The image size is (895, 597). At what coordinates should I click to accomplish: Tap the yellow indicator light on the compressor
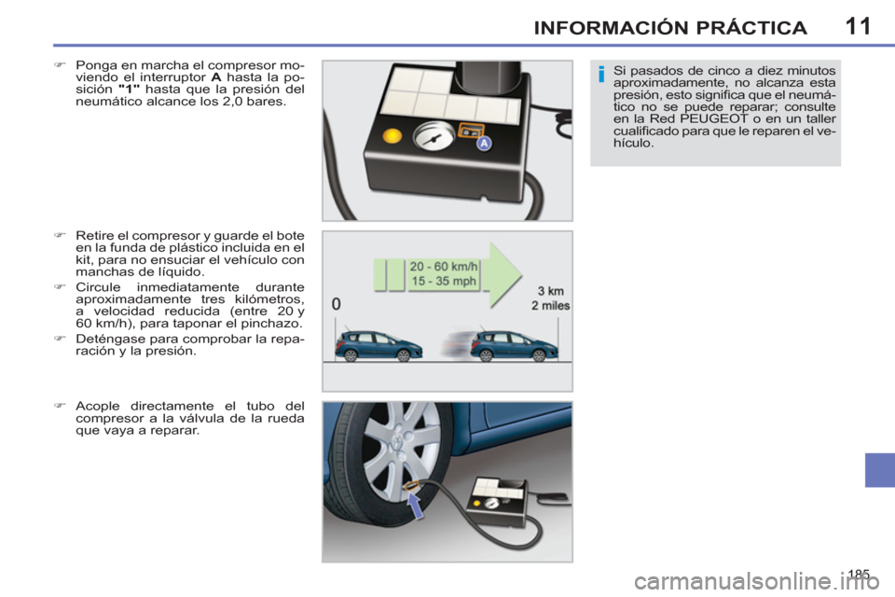(x=393, y=136)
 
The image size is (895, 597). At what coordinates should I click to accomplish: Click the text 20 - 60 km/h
(x=444, y=266)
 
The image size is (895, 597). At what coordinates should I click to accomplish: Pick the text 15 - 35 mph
(x=444, y=281)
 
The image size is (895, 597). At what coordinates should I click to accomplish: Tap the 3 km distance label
(x=550, y=290)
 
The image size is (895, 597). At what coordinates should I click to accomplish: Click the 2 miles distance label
(x=550, y=305)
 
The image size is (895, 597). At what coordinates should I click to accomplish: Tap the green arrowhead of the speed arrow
(x=504, y=272)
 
